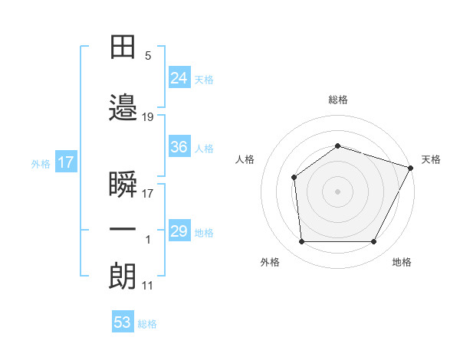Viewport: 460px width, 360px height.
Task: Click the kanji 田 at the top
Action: pos(123,47)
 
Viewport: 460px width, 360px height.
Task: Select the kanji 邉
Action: pos(123,107)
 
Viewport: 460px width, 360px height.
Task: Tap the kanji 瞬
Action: pos(123,184)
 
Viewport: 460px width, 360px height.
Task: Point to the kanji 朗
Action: pos(123,276)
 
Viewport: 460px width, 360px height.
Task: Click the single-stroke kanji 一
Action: pos(123,229)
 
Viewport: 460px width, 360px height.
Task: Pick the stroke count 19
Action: pos(147,117)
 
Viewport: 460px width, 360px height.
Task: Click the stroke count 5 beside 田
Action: pos(148,56)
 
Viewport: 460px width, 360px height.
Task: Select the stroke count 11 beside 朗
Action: pos(147,286)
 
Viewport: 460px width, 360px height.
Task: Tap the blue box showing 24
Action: pos(179,77)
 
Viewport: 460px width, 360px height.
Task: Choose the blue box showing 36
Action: pos(179,146)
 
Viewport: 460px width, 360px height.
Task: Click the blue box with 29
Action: pos(179,230)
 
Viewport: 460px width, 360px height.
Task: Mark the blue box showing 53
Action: pos(123,321)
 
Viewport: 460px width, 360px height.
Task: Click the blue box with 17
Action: pos(66,162)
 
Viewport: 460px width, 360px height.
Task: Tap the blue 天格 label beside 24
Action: pos(204,80)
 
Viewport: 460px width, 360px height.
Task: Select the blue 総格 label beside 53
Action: pos(147,324)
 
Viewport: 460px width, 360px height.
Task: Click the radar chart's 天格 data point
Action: pos(410,168)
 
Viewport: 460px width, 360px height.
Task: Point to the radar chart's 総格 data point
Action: pos(337,146)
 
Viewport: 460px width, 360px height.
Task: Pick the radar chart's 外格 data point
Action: pos(301,241)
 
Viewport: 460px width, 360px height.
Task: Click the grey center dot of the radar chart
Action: pos(337,191)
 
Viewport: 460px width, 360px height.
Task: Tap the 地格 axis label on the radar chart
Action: pos(402,262)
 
